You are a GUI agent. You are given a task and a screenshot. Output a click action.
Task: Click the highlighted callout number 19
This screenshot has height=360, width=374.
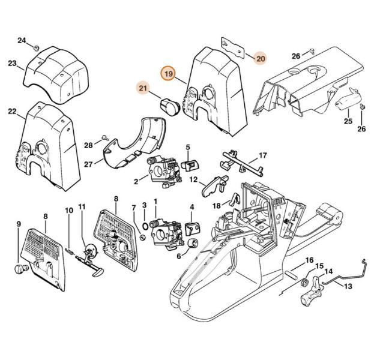169,73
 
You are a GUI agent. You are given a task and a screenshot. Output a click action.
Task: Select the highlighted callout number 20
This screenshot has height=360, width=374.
261,58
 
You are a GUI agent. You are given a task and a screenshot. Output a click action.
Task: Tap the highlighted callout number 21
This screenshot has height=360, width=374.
143,88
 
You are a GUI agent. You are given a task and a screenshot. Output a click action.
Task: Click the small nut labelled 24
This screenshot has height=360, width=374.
37,48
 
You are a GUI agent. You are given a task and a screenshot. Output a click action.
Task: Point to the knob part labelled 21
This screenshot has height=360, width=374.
169,107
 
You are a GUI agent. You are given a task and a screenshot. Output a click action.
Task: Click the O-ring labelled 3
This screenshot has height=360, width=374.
145,225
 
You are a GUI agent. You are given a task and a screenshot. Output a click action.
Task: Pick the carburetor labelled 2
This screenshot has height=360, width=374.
165,172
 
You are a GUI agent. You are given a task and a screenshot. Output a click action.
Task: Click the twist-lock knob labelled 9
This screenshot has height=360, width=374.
22,269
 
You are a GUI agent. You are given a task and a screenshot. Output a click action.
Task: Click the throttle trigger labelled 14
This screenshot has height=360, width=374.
312,290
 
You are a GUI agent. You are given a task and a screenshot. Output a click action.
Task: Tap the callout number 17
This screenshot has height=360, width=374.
262,155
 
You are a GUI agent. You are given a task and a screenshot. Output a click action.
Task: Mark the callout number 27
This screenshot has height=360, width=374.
88,164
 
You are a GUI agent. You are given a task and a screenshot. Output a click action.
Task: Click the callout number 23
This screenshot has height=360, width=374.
12,63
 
